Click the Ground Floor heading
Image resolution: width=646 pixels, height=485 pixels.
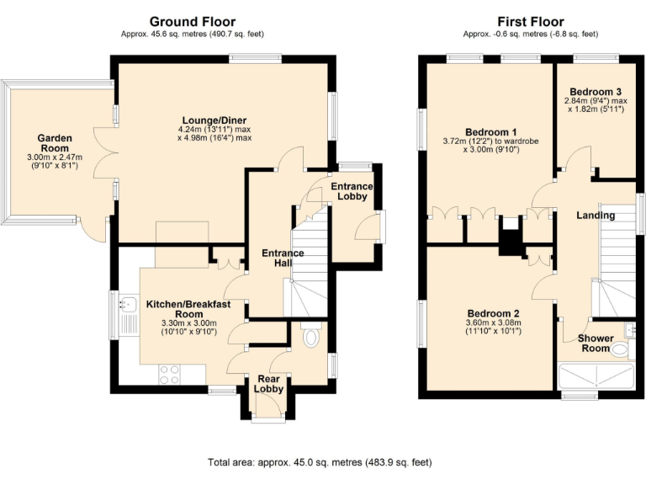coord(193,21)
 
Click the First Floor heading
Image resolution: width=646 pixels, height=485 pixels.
coord(530,21)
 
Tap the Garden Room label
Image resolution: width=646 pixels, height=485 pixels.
coord(55,144)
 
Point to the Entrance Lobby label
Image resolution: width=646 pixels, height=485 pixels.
coord(352,191)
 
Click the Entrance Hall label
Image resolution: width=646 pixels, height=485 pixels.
coord(283,258)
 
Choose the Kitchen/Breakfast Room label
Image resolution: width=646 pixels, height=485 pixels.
coord(182,308)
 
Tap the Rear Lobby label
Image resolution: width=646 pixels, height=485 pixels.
coord(266,383)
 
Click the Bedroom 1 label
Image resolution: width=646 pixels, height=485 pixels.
coord(491,132)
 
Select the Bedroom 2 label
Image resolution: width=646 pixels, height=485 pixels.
coord(492,313)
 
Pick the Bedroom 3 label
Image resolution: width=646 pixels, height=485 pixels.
coord(596,91)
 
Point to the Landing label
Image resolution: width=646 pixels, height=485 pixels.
coord(596,216)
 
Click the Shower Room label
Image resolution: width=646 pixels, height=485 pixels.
coord(595,344)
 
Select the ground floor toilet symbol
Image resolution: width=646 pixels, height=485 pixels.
coord(311,338)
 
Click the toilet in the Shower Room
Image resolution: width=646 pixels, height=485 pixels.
coord(620,348)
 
